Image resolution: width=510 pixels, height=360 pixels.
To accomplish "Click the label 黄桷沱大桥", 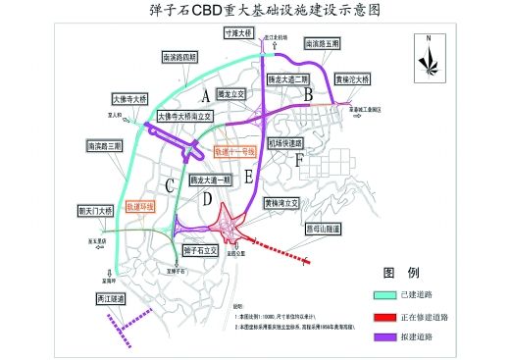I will pos(351,78).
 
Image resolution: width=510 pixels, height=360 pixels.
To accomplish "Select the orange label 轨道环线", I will pos(141,207).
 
